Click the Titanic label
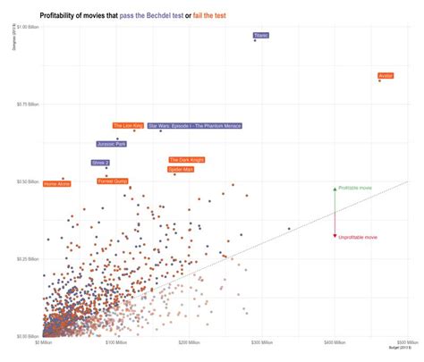[260, 35]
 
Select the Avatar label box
[386, 76]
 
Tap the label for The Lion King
[128, 126]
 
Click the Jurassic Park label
[112, 143]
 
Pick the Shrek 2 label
[100, 163]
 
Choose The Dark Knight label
[186, 160]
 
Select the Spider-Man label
[181, 168]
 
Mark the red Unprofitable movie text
[358, 238]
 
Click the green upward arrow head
[335, 189]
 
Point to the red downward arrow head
[335, 236]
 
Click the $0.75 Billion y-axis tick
[28, 105]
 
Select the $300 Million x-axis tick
[260, 342]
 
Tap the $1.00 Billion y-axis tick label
[28, 28]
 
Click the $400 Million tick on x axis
[334, 342]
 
